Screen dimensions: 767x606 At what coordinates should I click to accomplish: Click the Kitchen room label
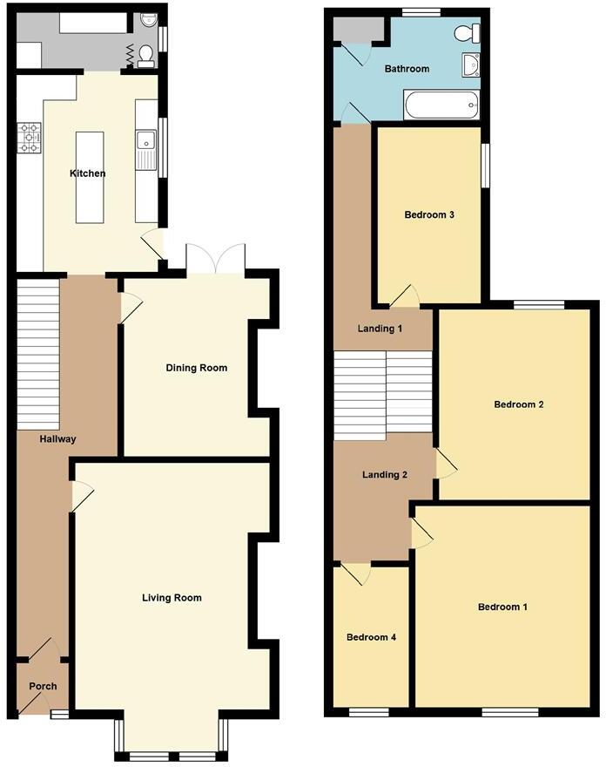point(88,173)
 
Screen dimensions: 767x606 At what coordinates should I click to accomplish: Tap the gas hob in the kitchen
point(29,138)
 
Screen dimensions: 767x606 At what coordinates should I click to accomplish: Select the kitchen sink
point(145,139)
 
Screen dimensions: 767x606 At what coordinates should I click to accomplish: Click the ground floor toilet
point(146,56)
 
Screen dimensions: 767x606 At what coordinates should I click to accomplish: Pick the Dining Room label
point(197,368)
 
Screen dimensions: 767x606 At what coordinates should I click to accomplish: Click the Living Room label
point(172,598)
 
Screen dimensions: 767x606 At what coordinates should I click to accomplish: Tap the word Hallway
point(57,439)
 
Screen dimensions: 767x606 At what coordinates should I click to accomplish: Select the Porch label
point(43,687)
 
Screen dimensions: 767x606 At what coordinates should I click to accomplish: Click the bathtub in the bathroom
point(441,107)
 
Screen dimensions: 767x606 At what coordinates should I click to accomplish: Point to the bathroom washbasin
point(471,64)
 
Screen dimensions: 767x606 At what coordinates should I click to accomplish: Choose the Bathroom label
point(407,69)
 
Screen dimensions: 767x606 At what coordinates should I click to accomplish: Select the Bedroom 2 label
point(519,404)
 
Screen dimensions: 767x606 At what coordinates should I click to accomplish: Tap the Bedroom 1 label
point(503,607)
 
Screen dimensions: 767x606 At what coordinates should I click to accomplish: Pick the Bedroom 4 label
point(372,637)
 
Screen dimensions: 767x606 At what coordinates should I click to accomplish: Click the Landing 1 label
point(380,329)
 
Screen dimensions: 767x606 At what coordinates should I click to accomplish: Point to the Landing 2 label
point(385,475)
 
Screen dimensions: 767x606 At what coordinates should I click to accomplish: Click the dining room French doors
point(216,260)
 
